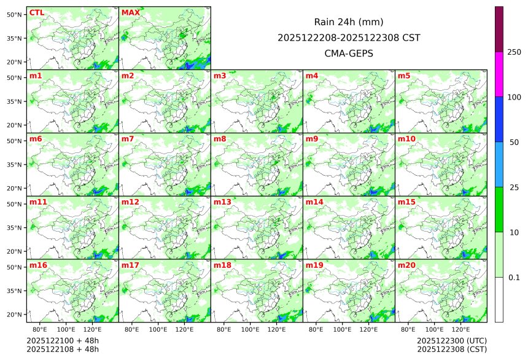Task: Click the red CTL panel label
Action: coord(36,13)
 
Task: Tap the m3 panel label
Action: coord(220,76)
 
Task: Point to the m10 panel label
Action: coord(406,139)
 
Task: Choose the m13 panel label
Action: coord(222,202)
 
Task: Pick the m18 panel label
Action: coord(222,265)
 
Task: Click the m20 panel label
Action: coord(406,265)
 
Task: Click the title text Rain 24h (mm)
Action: coord(349,22)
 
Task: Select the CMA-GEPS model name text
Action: coord(349,53)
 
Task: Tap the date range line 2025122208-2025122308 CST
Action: coord(349,37)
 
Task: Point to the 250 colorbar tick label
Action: coord(514,52)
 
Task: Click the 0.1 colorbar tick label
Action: coord(514,278)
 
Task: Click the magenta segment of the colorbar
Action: coord(499,74)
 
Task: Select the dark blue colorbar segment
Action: coord(499,119)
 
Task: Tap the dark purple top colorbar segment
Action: coord(499,29)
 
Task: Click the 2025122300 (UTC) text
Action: coord(451,340)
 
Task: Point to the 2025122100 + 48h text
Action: coord(63,340)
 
